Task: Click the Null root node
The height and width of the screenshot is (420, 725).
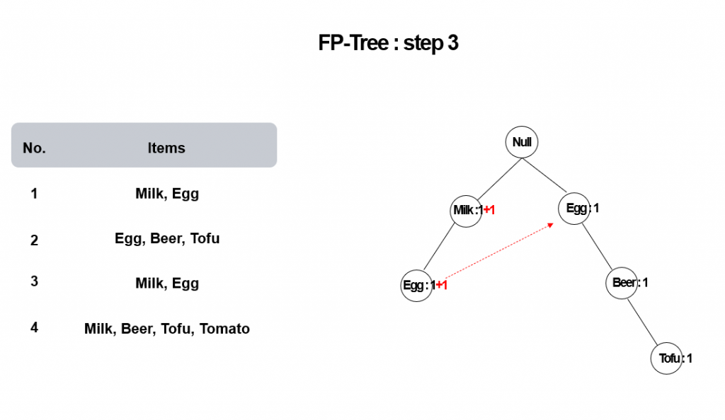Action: click(x=522, y=142)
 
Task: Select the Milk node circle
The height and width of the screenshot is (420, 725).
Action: click(x=466, y=211)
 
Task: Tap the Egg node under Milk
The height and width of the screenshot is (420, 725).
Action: click(x=416, y=286)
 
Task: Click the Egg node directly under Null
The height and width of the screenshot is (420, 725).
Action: click(x=574, y=209)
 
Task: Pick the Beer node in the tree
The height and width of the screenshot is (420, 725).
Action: click(x=622, y=283)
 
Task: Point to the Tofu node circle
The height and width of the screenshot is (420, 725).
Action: click(x=667, y=358)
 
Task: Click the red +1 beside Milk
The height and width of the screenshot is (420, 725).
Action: click(x=489, y=211)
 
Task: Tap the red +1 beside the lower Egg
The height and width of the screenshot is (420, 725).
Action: click(x=442, y=285)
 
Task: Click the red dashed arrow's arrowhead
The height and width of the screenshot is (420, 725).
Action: click(x=551, y=225)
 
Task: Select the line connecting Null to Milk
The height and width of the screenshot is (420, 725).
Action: click(x=500, y=179)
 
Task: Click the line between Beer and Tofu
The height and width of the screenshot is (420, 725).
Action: click(x=642, y=322)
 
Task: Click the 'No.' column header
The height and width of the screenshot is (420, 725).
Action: click(x=34, y=148)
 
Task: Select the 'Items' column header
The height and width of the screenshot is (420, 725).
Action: click(x=166, y=148)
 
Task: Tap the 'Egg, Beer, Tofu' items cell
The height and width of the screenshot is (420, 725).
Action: click(x=167, y=239)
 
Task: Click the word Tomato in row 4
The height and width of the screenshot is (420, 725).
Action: click(x=224, y=329)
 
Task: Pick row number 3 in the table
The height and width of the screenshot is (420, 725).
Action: click(x=34, y=281)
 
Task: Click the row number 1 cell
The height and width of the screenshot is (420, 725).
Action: click(x=34, y=194)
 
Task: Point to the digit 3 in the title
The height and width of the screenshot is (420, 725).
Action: click(x=452, y=43)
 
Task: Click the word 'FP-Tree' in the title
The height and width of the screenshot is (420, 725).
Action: click(x=354, y=43)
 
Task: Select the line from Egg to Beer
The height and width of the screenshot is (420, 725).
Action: click(x=598, y=247)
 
